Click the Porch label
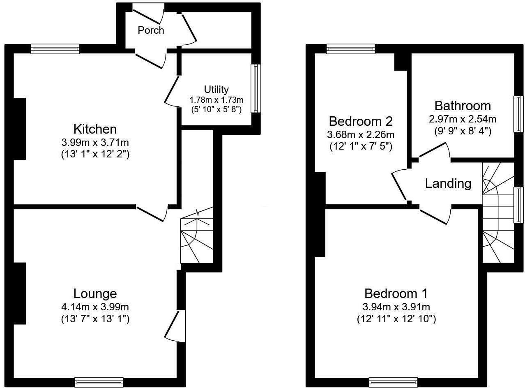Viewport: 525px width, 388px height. [151, 30]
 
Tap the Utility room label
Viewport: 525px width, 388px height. [216, 89]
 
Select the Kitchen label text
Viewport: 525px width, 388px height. [95, 129]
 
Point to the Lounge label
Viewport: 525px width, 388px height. [95, 293]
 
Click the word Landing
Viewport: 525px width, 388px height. [448, 183]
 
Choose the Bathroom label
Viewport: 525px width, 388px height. [463, 106]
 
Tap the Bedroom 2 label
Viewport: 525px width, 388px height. [361, 121]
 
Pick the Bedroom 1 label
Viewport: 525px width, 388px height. [396, 293]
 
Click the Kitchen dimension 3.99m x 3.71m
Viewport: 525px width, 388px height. [95, 143]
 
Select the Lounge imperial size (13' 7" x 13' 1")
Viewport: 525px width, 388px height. [95, 319]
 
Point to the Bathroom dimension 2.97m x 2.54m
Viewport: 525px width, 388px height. [463, 119]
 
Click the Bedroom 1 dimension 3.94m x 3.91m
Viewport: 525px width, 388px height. [396, 307]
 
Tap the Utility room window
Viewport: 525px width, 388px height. [256, 88]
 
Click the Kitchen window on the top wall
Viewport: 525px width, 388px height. [55, 49]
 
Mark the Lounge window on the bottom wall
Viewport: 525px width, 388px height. [99, 382]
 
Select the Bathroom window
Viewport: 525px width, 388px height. [519, 114]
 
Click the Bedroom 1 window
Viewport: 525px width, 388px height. [393, 382]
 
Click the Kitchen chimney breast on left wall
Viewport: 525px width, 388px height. [20, 129]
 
